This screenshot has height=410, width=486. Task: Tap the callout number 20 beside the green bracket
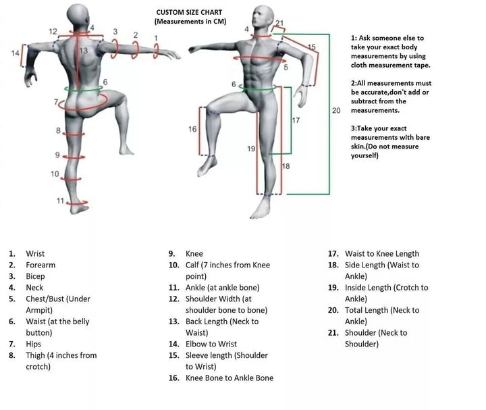pyautogui.click(x=336, y=109)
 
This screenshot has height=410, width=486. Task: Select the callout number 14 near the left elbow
pyautogui.click(x=16, y=53)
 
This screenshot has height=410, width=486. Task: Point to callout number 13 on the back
pyautogui.click(x=83, y=51)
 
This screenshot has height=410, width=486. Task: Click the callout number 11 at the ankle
pyautogui.click(x=59, y=201)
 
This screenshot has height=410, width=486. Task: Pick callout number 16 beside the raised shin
pyautogui.click(x=192, y=129)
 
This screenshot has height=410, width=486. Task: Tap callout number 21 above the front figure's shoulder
pyautogui.click(x=279, y=23)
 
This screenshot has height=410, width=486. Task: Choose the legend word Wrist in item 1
pyautogui.click(x=35, y=254)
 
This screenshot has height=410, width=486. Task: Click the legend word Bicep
pyautogui.click(x=35, y=276)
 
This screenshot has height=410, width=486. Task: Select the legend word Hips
pyautogui.click(x=34, y=344)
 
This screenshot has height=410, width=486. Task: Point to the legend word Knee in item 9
pyautogui.click(x=194, y=254)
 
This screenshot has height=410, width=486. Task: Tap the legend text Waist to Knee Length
pyautogui.click(x=381, y=254)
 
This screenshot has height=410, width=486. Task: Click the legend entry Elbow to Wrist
pyautogui.click(x=211, y=344)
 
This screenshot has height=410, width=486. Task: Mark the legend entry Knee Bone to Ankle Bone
pyautogui.click(x=230, y=378)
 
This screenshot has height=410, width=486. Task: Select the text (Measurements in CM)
pyautogui.click(x=190, y=22)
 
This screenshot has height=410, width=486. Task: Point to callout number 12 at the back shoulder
pyautogui.click(x=53, y=32)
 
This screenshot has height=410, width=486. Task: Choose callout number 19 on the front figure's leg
pyautogui.click(x=251, y=148)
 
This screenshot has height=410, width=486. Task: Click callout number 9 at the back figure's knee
pyautogui.click(x=58, y=155)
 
